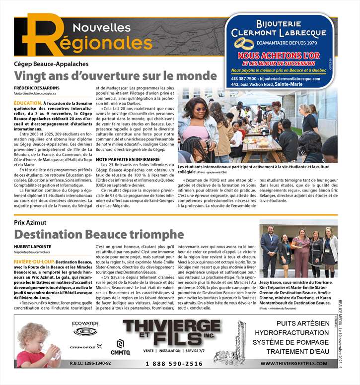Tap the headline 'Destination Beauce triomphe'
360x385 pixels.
(x=99, y=234)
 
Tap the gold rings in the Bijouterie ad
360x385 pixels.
(x=244, y=44)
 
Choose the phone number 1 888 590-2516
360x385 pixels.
(x=174, y=364)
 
